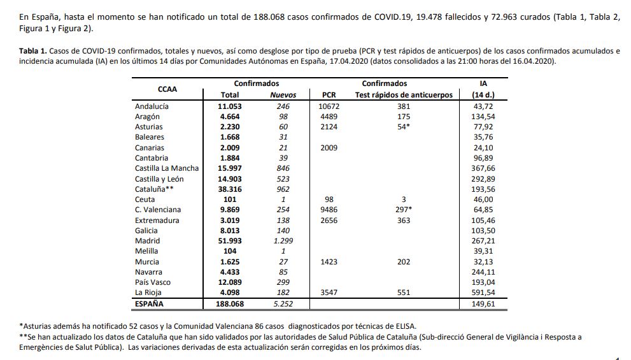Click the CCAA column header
167,89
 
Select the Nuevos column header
283,95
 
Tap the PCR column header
329,95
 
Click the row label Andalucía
152,106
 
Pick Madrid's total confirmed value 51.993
230,241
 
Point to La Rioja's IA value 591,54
483,292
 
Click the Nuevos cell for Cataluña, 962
283,189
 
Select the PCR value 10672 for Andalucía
329,106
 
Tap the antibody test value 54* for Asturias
404,127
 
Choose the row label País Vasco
153,282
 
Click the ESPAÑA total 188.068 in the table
230,304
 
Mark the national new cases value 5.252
283,304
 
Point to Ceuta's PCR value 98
329,199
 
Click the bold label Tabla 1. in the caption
33,51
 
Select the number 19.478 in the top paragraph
429,17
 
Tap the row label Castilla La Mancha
167,168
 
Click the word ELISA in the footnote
405,327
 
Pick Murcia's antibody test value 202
404,262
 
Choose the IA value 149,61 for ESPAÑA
483,304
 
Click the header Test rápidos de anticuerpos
404,95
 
